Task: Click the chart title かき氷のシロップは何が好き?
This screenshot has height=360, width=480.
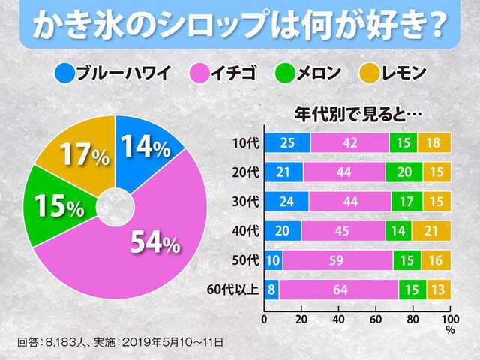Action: click(x=239, y=25)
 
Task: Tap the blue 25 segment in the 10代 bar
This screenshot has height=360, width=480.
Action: click(x=287, y=142)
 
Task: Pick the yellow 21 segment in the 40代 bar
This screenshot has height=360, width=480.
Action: click(x=430, y=230)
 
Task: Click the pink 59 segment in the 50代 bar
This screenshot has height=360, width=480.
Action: click(x=337, y=260)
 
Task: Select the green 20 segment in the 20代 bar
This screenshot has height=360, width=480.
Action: click(x=404, y=172)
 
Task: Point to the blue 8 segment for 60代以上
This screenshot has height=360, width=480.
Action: click(x=271, y=289)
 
